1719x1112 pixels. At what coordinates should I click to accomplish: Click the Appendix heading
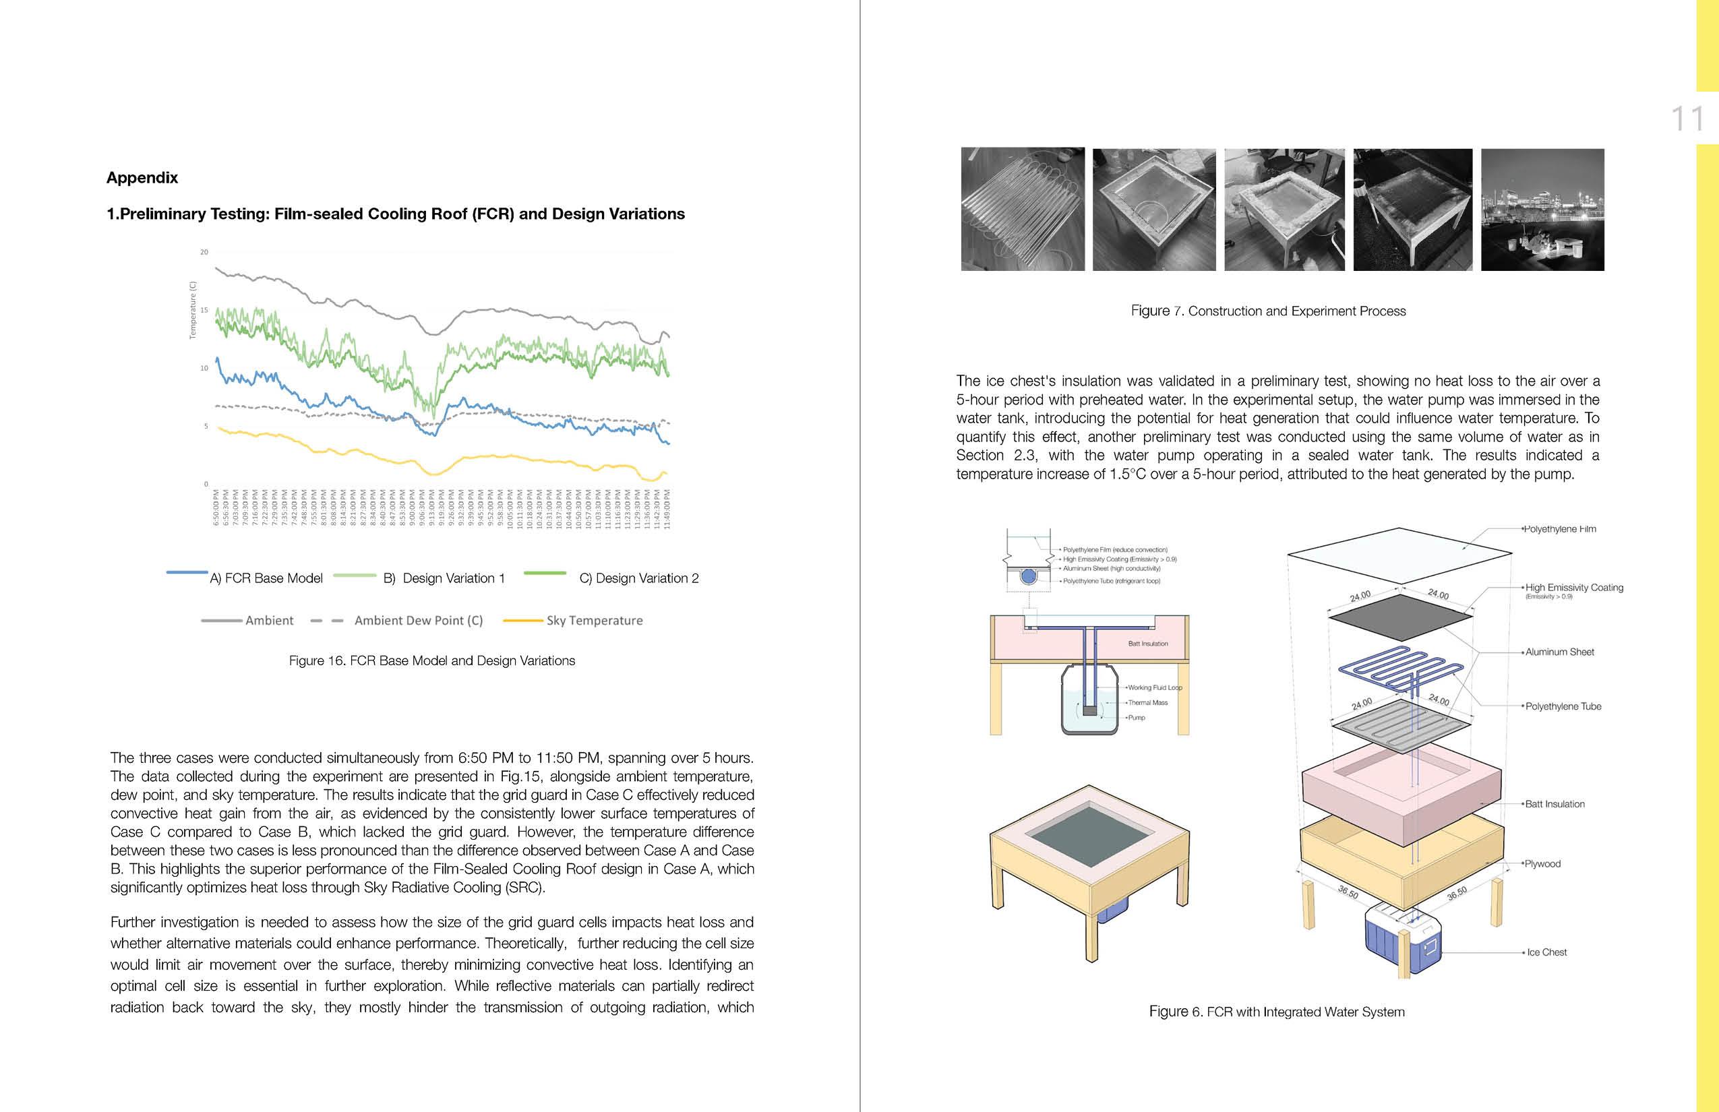tap(142, 178)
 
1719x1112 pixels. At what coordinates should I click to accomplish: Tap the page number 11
tap(1687, 119)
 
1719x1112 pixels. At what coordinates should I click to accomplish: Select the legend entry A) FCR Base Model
tap(266, 578)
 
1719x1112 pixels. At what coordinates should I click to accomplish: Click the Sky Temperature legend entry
tap(594, 620)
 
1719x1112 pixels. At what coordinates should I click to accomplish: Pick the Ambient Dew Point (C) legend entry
tap(418, 620)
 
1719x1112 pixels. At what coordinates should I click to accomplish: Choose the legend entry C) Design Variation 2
tap(638, 578)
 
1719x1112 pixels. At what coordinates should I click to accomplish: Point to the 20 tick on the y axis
tap(204, 252)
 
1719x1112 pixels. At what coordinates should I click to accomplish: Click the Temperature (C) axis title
tap(193, 310)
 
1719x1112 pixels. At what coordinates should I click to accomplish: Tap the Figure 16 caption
tap(432, 660)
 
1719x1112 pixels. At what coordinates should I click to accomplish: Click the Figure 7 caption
tap(1268, 311)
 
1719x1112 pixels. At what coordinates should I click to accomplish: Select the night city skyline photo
tap(1542, 210)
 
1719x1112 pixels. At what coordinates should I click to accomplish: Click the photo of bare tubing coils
tap(1023, 210)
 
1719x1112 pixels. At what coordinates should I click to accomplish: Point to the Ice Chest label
tap(1546, 952)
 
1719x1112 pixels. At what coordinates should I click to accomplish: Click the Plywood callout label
tap(1542, 863)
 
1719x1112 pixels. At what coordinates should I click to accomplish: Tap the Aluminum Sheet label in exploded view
tap(1559, 652)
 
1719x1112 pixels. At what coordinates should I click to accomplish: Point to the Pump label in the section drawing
tap(1136, 718)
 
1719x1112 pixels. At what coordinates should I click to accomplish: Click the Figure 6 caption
tap(1276, 1012)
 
